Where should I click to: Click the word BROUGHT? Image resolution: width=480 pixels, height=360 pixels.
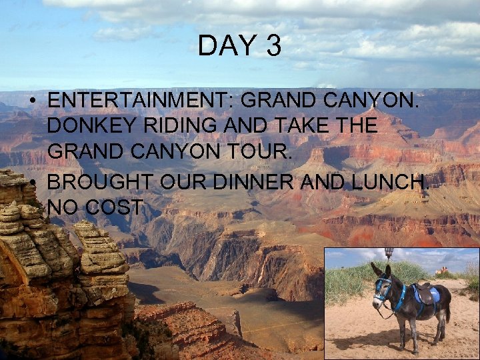click(94, 182)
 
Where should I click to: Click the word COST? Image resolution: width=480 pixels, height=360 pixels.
click(114, 207)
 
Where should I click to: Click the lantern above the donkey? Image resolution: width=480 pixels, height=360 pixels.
click(389, 253)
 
